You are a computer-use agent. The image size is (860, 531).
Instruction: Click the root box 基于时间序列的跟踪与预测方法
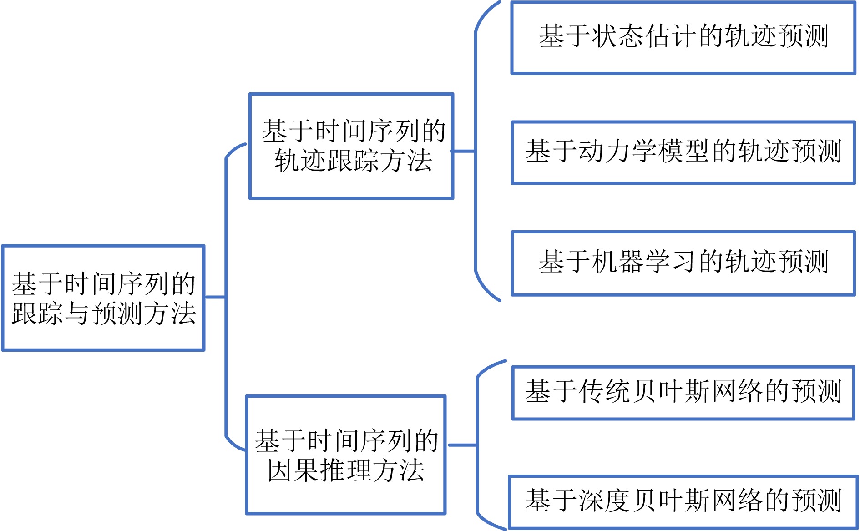[x=103, y=298]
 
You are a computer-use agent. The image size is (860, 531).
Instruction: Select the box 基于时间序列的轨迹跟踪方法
[x=351, y=146]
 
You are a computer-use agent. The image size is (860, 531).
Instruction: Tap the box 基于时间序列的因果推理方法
[x=346, y=455]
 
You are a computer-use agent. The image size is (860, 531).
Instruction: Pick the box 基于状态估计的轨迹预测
[x=683, y=37]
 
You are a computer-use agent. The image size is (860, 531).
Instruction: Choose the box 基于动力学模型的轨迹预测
[x=683, y=152]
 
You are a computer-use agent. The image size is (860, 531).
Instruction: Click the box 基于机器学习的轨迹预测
[x=683, y=263]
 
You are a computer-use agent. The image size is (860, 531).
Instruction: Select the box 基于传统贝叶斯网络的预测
[x=683, y=392]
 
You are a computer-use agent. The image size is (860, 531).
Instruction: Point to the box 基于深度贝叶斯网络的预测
[x=683, y=502]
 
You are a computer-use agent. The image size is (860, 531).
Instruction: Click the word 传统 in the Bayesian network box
[x=604, y=392]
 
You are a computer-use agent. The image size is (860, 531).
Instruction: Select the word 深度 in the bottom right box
[x=604, y=501]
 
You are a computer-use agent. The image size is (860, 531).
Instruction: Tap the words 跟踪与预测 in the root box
[x=77, y=314]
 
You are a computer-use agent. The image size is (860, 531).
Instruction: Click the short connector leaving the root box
[x=215, y=297]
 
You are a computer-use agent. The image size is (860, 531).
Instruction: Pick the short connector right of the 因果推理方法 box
[x=462, y=445]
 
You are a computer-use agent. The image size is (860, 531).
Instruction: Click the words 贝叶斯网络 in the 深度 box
[x=699, y=501]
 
